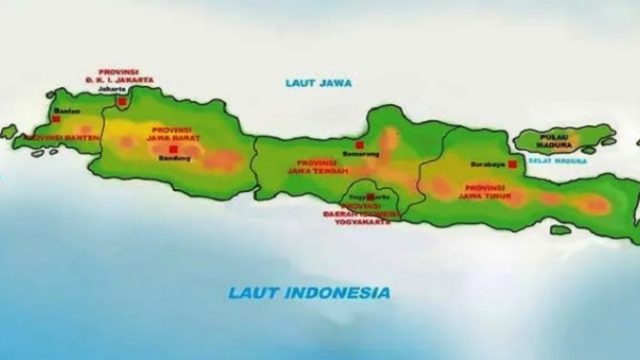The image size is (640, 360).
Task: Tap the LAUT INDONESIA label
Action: point(309,292)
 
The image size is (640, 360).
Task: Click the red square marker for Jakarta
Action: point(122,102)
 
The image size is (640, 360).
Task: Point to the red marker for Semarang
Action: point(359,144)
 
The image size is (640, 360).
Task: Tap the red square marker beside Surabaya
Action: point(512,164)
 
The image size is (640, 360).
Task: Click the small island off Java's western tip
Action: point(8,132)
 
